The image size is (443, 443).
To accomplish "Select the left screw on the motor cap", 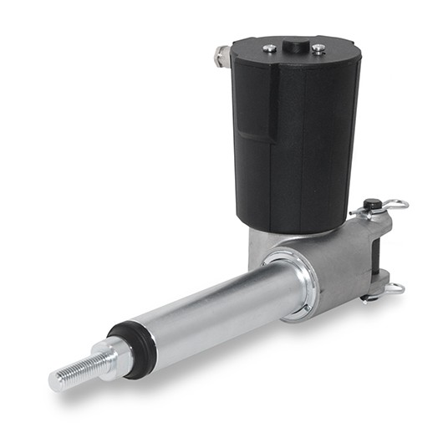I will click(x=269, y=48).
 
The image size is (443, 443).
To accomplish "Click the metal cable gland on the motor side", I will click(x=222, y=57).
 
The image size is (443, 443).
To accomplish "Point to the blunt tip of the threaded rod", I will click(x=54, y=380).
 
